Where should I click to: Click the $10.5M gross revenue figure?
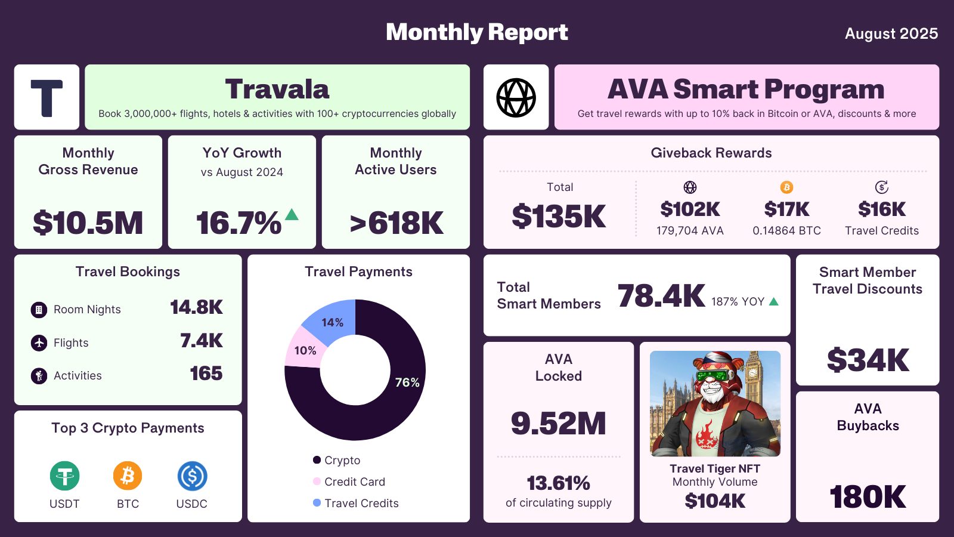[x=88, y=223]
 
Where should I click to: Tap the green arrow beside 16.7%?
[x=292, y=214]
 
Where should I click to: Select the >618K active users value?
[x=396, y=223]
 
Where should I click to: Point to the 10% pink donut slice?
[x=304, y=350]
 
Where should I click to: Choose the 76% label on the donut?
[x=407, y=382]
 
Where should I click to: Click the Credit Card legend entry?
[x=354, y=482]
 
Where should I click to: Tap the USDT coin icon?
[x=64, y=476]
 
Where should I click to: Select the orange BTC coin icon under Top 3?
[x=128, y=476]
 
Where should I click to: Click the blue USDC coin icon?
[x=192, y=476]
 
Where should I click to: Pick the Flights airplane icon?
[x=39, y=343]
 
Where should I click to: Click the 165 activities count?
[x=206, y=374]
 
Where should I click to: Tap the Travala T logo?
[x=47, y=97]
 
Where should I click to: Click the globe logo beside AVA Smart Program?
[x=516, y=97]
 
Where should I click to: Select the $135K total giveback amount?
[x=559, y=216]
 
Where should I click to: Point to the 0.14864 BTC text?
[x=786, y=231]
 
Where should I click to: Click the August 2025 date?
[x=891, y=33]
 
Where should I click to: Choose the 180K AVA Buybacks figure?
[x=868, y=496]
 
